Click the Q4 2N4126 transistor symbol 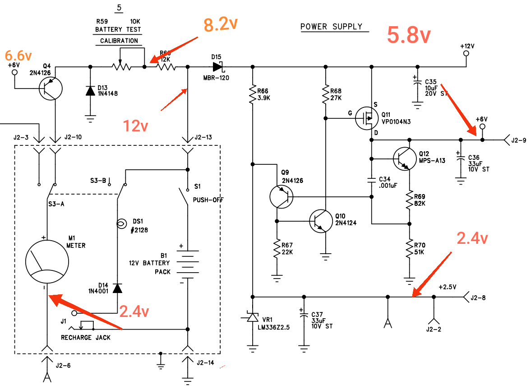point(51,88)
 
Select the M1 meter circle point(47,262)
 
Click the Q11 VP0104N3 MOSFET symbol point(367,118)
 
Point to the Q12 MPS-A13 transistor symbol point(405,159)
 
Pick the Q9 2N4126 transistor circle point(282,197)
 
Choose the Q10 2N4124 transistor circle point(321,221)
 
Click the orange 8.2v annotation point(221,24)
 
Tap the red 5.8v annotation point(409,35)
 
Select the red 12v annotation point(135,126)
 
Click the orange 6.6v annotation point(18,55)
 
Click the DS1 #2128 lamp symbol point(121,223)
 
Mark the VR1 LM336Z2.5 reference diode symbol point(252,317)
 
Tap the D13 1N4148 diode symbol point(90,90)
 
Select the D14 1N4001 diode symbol point(117,288)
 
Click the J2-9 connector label point(519,140)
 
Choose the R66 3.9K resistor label point(263,94)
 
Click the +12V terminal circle point(466,54)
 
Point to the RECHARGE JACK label point(86,338)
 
